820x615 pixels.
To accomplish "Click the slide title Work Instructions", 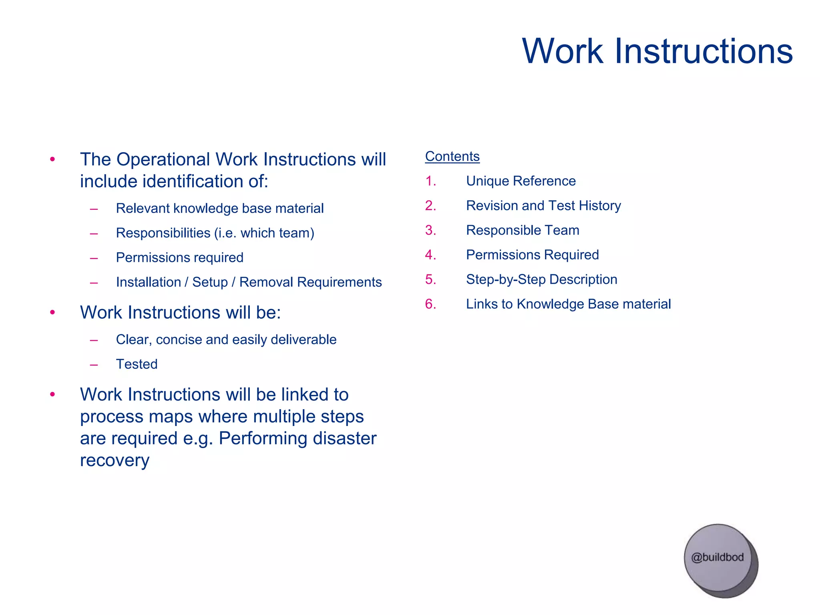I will pos(657,51).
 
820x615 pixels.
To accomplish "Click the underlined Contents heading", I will pos(452,156).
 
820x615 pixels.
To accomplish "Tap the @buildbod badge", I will pos(717,557).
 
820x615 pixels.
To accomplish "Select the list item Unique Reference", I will pos(521,181).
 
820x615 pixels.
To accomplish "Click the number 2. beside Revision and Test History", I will pos(430,205).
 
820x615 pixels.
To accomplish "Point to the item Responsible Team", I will pos(523,230).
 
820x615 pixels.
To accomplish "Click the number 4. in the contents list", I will pos(430,255).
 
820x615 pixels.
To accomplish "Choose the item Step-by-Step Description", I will pos(541,279).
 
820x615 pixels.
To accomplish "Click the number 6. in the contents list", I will pos(430,304).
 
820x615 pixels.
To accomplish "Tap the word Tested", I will pos(137,364).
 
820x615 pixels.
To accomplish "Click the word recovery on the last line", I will pos(115,460).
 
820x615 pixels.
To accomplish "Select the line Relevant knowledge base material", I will pos(219,208).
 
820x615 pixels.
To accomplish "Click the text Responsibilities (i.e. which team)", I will pos(215,233).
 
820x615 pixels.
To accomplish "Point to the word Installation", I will pos(148,282).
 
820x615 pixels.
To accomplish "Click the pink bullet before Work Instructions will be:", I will pos(52,312).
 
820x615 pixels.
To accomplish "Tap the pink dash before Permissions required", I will pos(94,258).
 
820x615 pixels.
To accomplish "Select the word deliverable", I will pos(303,340).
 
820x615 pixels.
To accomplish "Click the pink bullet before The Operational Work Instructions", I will pos(52,159).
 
